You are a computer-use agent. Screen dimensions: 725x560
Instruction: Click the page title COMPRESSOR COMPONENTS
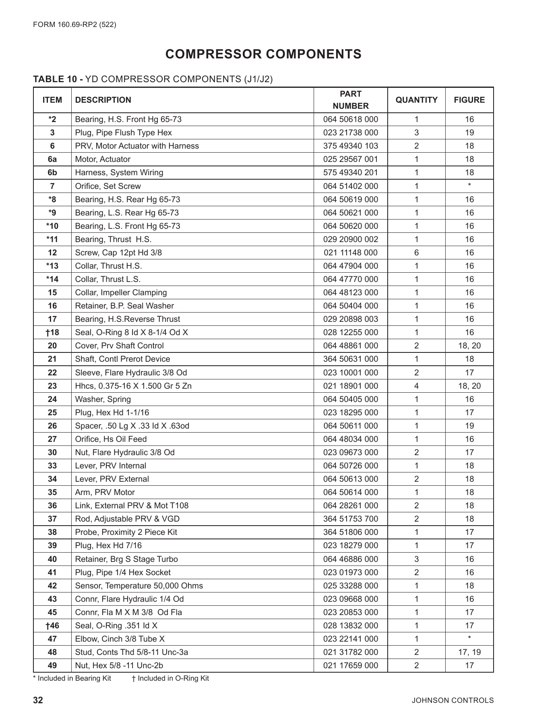coord(263,54)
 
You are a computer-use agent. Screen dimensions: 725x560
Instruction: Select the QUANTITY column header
coord(416,100)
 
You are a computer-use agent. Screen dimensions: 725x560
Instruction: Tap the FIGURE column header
coord(469,100)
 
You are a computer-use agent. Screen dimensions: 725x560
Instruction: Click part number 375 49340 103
coord(351,146)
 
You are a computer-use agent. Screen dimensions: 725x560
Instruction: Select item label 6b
coord(52,172)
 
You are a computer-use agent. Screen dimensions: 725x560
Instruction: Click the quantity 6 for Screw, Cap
coord(416,253)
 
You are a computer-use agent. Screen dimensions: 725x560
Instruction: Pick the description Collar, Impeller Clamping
coord(121,292)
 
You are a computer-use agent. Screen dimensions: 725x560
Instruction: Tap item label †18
coord(52,332)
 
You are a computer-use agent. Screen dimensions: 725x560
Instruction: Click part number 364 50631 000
coord(351,359)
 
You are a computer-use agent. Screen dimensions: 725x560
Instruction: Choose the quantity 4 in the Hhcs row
coord(416,386)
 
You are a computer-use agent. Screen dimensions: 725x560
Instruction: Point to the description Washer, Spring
coord(103,399)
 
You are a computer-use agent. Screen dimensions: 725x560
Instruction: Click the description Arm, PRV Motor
coord(105,492)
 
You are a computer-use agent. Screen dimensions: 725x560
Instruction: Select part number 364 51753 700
coord(351,519)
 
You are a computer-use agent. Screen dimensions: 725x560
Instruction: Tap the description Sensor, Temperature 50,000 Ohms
coord(139,586)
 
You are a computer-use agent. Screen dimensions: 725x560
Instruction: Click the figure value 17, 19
coord(469,652)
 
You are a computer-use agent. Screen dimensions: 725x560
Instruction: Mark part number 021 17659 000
coord(351,665)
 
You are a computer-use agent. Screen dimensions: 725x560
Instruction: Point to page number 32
coord(38,700)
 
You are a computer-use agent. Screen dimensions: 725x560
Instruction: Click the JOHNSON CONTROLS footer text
coord(453,700)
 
